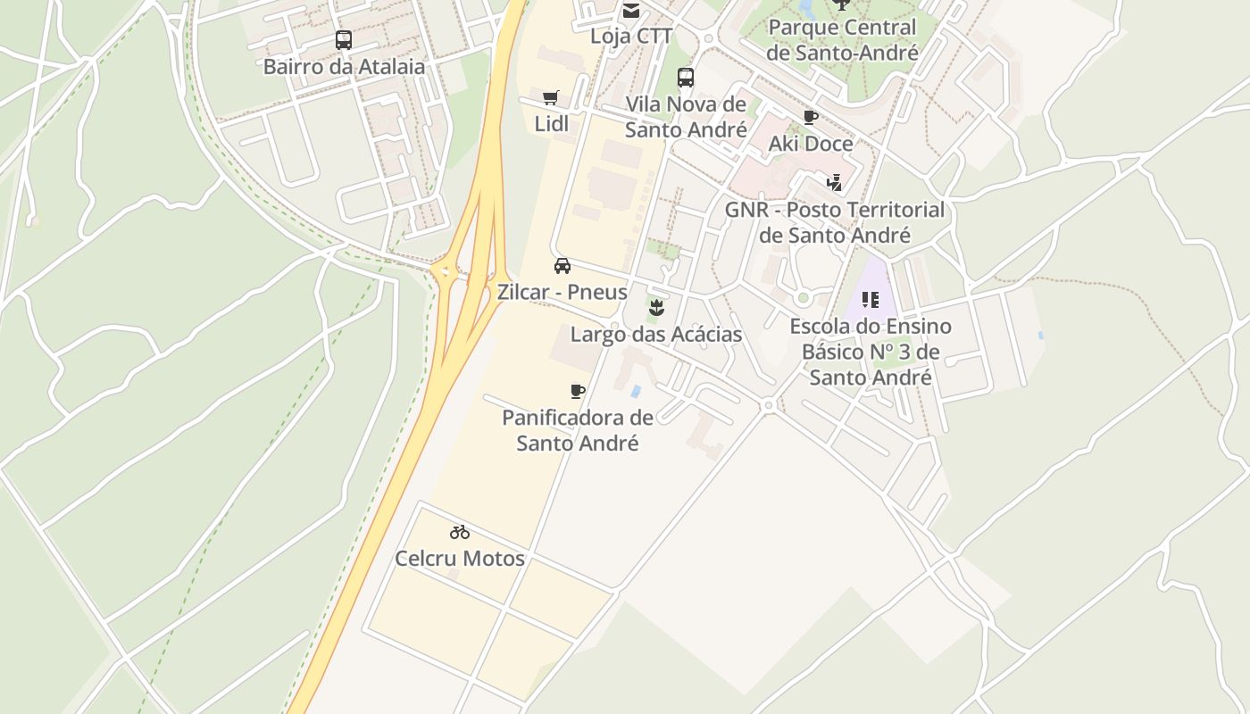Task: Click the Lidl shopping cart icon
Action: click(x=551, y=97)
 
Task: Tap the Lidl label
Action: click(x=551, y=123)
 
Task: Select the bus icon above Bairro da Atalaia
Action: click(x=344, y=39)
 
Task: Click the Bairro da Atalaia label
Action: click(x=344, y=66)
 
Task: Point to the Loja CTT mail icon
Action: click(x=631, y=11)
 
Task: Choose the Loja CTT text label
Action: click(x=631, y=37)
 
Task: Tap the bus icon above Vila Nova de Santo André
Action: click(x=686, y=78)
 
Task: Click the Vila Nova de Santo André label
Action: click(x=686, y=117)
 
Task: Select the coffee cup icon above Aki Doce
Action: click(x=810, y=117)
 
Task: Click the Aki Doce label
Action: click(x=811, y=144)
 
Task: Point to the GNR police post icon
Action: click(x=834, y=183)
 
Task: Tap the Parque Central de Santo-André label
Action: click(x=842, y=40)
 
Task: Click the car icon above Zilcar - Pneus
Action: click(x=562, y=265)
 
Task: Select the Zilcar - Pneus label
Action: click(x=562, y=292)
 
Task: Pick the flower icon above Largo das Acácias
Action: click(x=656, y=308)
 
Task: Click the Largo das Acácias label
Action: click(x=656, y=335)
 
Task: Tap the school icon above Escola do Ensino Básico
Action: click(x=871, y=300)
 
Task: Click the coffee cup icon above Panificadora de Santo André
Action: click(x=578, y=391)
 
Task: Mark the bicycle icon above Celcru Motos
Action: click(x=460, y=532)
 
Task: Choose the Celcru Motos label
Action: click(x=460, y=559)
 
